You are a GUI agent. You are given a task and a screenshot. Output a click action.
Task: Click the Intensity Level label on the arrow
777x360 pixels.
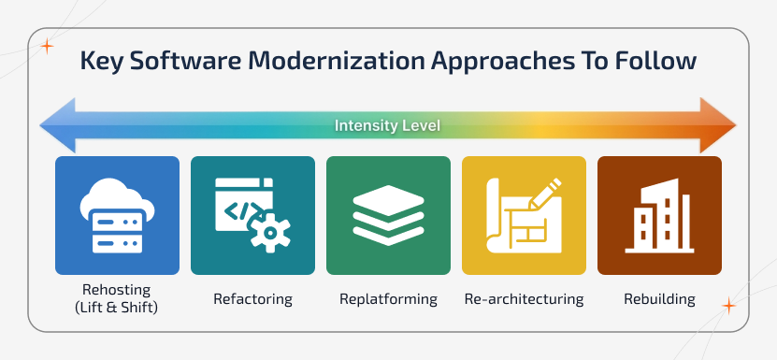(388, 125)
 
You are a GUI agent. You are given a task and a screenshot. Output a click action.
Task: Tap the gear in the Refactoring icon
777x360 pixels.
(270, 230)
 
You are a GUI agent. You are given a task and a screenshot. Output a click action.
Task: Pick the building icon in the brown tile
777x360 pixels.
(659, 216)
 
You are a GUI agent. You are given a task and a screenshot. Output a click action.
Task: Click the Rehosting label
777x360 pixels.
(117, 291)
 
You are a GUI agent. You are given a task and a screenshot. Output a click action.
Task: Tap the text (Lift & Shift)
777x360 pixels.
(117, 308)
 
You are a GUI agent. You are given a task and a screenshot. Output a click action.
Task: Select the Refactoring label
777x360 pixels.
(252, 300)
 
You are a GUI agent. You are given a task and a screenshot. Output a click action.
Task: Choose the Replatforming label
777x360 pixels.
(388, 300)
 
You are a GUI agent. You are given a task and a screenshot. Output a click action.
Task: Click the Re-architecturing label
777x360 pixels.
(524, 300)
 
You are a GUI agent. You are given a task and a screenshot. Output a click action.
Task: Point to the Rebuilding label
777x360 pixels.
(659, 300)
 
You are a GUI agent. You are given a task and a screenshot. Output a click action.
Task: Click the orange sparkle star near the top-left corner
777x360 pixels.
(47, 44)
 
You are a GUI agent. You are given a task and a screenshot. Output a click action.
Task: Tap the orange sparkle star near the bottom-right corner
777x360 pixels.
(728, 306)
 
